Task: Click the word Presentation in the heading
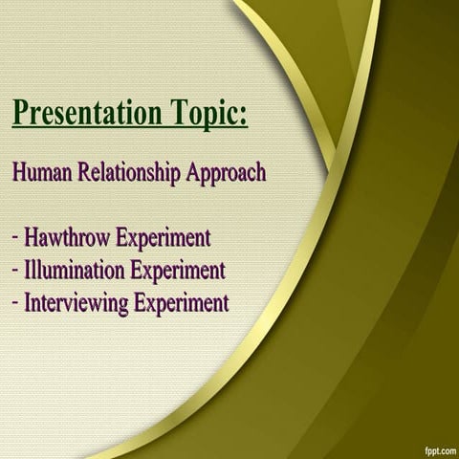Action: click(x=86, y=114)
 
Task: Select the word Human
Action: click(x=41, y=174)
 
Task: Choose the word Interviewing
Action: click(x=77, y=304)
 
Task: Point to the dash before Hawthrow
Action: click(x=17, y=237)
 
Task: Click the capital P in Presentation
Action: click(x=21, y=113)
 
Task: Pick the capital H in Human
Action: click(x=20, y=174)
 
